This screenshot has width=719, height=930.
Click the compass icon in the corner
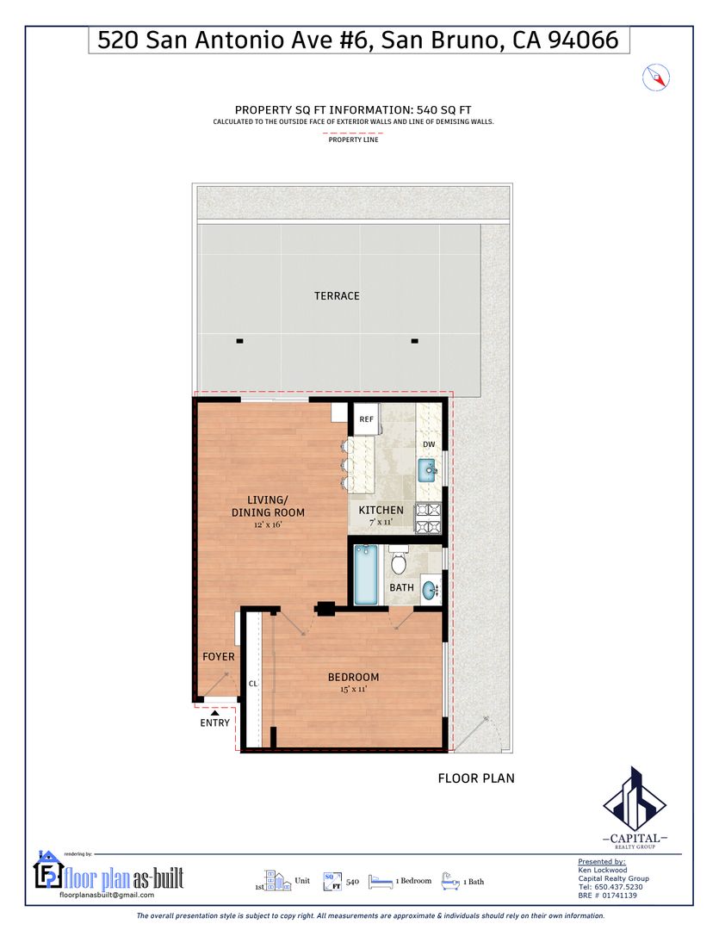point(655,77)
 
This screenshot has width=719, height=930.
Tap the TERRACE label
point(337,296)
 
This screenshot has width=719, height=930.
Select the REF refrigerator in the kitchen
point(367,419)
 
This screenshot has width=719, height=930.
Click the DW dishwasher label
point(429,444)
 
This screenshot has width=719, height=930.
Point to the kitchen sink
point(428,471)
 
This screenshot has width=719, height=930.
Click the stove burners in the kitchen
point(428,518)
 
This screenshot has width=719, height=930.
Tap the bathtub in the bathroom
point(365,574)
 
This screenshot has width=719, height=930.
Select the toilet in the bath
point(399,561)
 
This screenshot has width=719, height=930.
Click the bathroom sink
point(430,590)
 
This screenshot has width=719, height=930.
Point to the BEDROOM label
point(354,678)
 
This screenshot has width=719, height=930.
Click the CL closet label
point(253,684)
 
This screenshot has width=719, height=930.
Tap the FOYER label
point(219,656)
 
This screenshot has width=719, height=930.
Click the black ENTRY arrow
point(214,713)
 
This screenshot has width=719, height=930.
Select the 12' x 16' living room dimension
point(268,525)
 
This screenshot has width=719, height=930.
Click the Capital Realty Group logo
point(635,808)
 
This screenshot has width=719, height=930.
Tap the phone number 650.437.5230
point(618,887)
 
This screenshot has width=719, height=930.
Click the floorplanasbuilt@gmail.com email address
point(107,895)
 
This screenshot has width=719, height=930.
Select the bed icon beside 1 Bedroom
point(381,882)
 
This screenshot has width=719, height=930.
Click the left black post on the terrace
point(239,341)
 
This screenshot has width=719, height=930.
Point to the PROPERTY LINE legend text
point(354,140)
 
